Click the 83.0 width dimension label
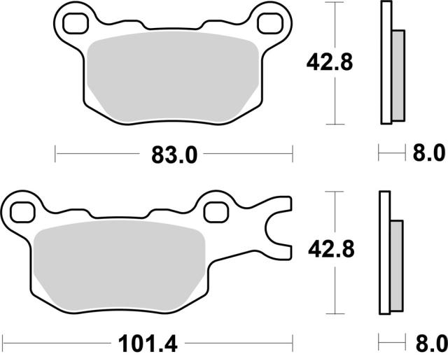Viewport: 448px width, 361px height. [174, 155]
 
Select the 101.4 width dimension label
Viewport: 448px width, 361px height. [148, 344]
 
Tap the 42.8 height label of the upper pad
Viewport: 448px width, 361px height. [330, 62]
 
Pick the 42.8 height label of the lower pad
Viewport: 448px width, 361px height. [331, 249]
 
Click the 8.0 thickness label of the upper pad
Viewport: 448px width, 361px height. [429, 153]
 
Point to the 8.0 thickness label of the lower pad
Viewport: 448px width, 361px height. [432, 344]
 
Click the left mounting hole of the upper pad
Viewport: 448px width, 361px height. [75, 24]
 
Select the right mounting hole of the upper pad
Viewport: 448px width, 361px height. [270, 24]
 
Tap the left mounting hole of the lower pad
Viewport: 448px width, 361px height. [22, 212]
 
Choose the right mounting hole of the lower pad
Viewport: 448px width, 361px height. [216, 212]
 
